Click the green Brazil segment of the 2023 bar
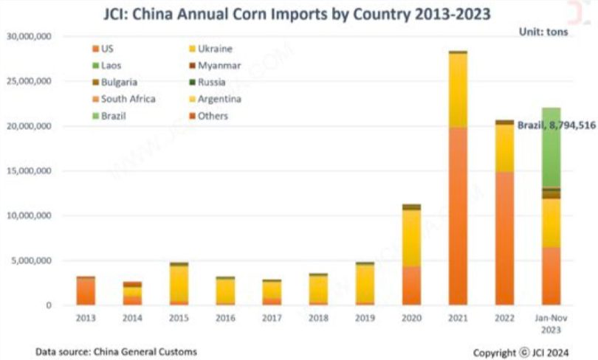coord(551,148)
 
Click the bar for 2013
coord(86,291)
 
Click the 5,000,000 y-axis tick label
coord(32,260)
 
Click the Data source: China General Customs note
coord(117,352)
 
